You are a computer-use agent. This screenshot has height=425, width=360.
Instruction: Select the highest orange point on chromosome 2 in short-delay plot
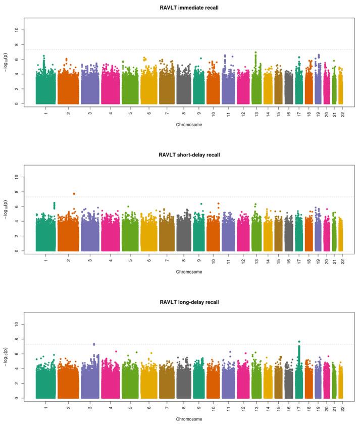pos(74,193)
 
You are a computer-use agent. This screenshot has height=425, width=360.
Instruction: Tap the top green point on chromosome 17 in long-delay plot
pos(299,342)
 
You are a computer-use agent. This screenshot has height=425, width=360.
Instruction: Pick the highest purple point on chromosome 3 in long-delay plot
pos(94,344)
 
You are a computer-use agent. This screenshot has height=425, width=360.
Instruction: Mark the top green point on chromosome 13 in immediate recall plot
pos(256,52)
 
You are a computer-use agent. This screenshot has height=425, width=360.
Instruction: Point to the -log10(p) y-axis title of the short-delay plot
pos(6,209)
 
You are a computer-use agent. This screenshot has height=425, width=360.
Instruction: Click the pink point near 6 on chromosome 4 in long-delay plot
pos(116,351)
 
